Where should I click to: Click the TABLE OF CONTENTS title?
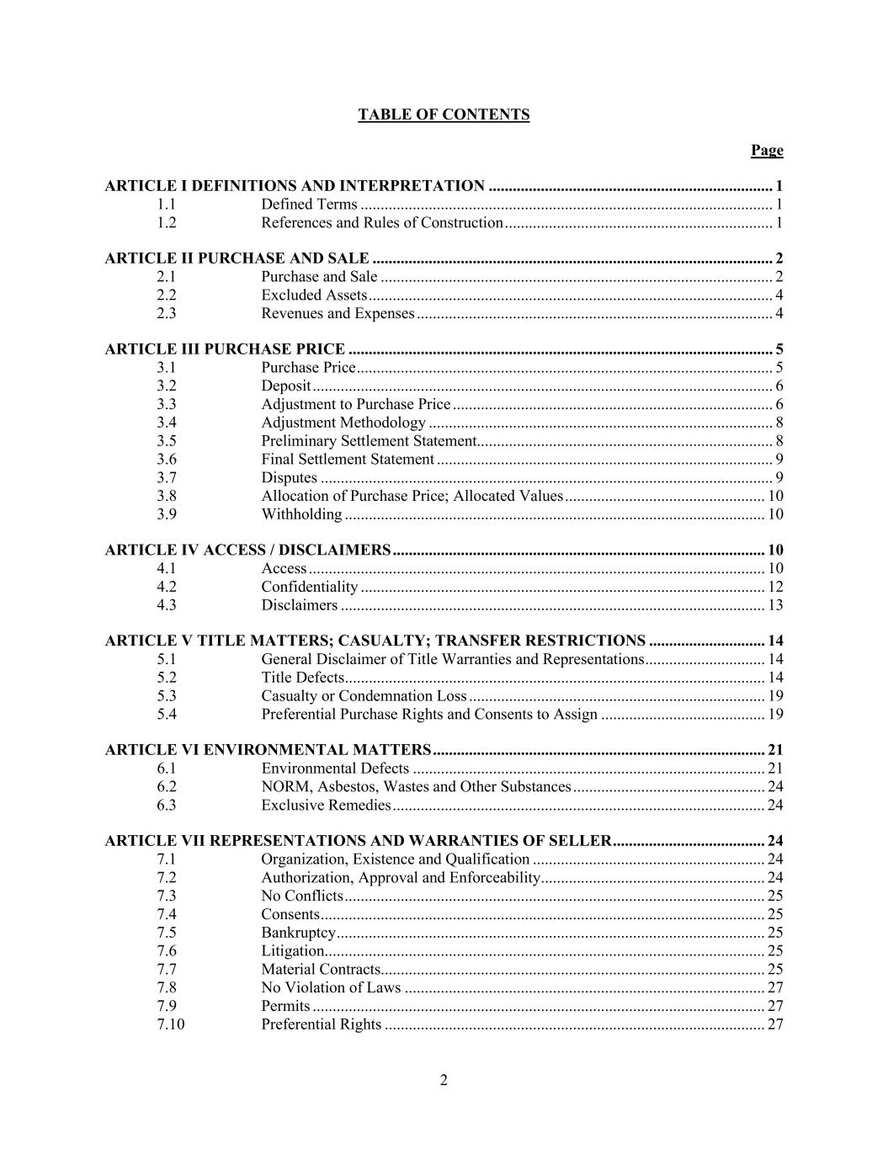pyautogui.click(x=444, y=114)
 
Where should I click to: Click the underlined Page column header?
pyautogui.click(x=767, y=150)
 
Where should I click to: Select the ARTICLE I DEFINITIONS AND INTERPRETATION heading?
pyautogui.click(x=295, y=186)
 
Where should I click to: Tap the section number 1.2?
pyautogui.click(x=167, y=222)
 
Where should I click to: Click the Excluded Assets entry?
pyautogui.click(x=314, y=295)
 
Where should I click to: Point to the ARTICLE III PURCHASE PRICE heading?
pyautogui.click(x=225, y=349)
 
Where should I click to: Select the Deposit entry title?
pyautogui.click(x=286, y=386)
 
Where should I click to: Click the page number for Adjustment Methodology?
pyautogui.click(x=779, y=423)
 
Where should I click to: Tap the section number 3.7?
pyautogui.click(x=167, y=478)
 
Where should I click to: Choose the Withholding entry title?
pyautogui.click(x=301, y=514)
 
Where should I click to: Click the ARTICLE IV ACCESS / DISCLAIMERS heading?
pyautogui.click(x=247, y=551)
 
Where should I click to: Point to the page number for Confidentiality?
pyautogui.click(x=775, y=587)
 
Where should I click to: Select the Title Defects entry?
pyautogui.click(x=303, y=678)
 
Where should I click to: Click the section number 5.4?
pyautogui.click(x=167, y=714)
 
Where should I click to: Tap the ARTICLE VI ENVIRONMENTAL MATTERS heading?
pyautogui.click(x=268, y=750)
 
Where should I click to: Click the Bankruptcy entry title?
pyautogui.click(x=299, y=933)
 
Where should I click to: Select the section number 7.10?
pyautogui.click(x=170, y=1024)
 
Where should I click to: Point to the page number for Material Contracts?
pyautogui.click(x=775, y=969)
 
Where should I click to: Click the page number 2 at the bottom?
pyautogui.click(x=444, y=1081)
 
